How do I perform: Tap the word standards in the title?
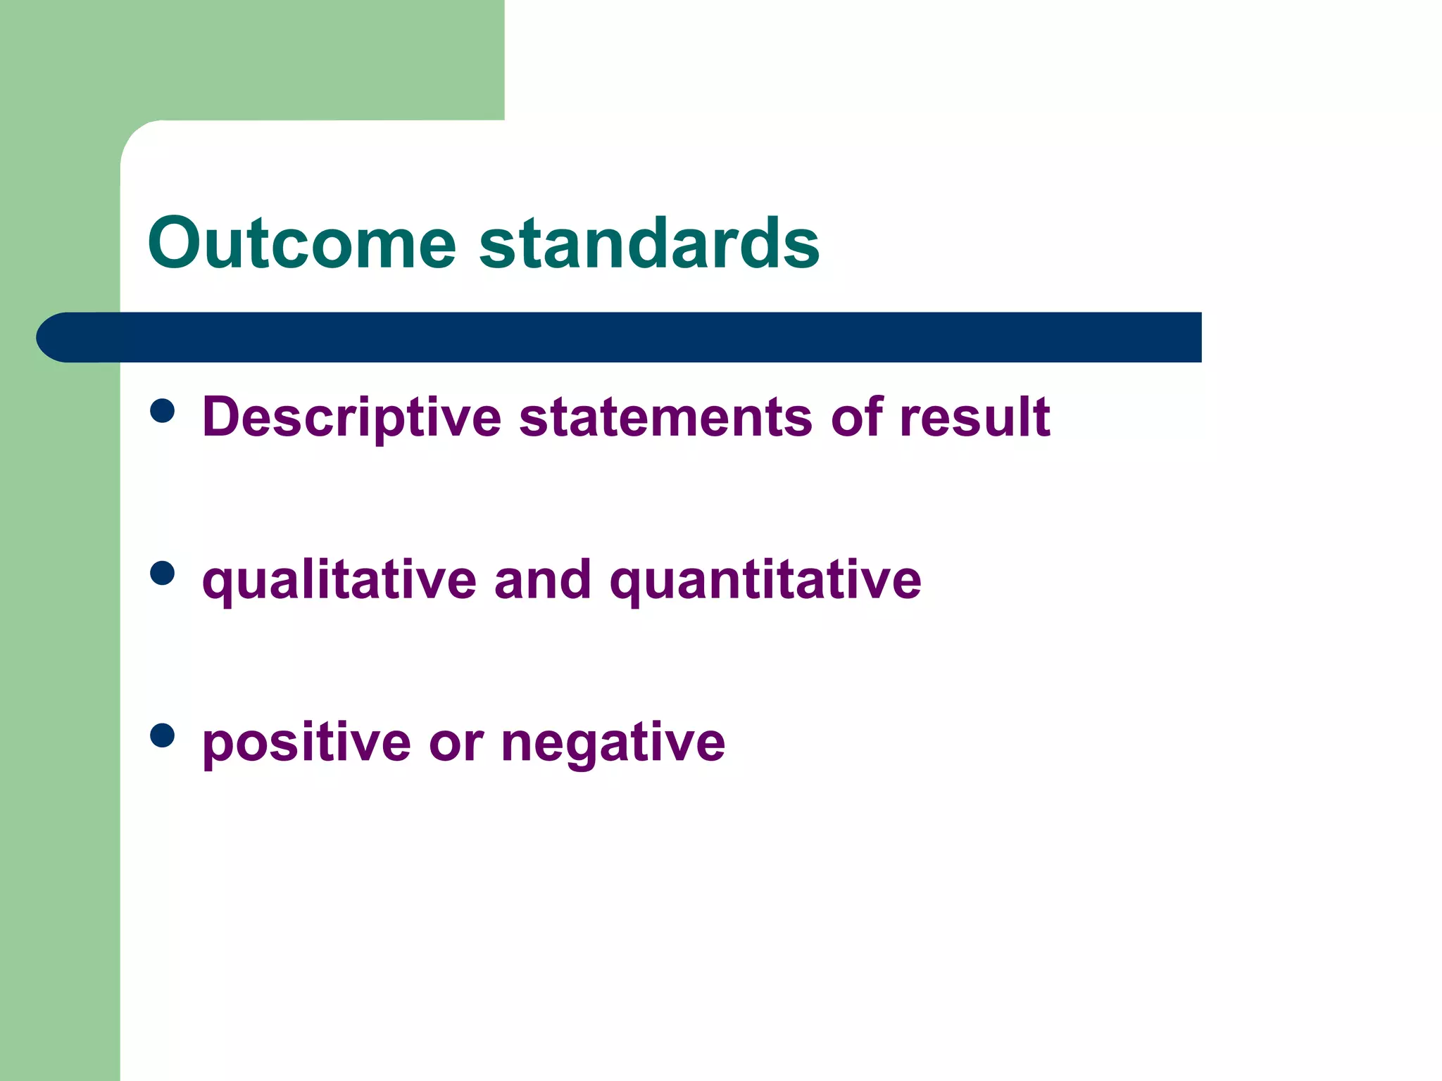(649, 243)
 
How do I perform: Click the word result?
(974, 417)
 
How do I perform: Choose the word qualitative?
(339, 581)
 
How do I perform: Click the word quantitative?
(765, 581)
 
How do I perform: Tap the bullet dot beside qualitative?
(163, 573)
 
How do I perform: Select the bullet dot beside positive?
(163, 735)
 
